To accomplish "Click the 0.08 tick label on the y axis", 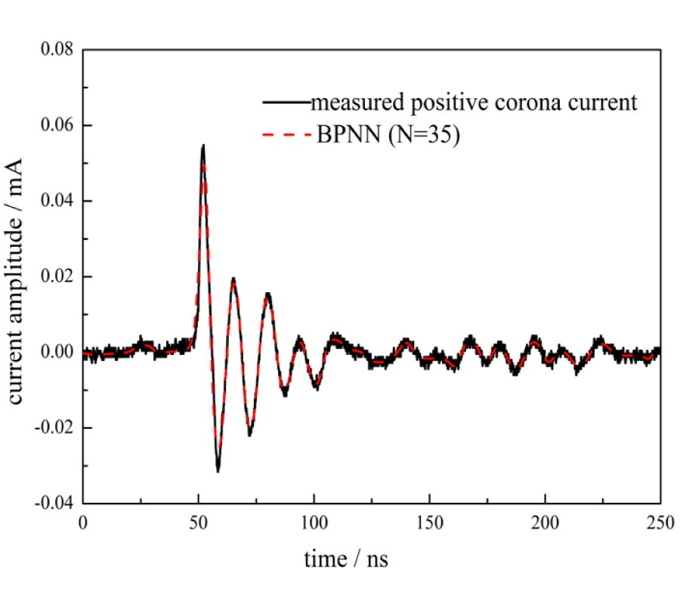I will click(x=57, y=50).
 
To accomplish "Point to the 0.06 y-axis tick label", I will click(x=57, y=125).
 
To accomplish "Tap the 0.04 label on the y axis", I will click(x=57, y=201).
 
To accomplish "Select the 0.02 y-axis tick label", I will click(x=57, y=276).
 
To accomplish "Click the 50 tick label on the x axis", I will click(x=199, y=522).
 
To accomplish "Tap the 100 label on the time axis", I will click(x=314, y=522).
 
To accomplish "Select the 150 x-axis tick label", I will click(x=429, y=522).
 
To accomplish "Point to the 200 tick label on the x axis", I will click(x=545, y=522).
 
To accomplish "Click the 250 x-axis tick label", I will click(x=659, y=522).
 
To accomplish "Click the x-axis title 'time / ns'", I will click(x=347, y=559).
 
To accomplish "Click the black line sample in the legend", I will click(x=286, y=100).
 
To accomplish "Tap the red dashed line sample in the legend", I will click(x=286, y=137).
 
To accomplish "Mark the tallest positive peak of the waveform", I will click(x=203, y=146).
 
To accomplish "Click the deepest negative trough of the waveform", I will click(x=218, y=471).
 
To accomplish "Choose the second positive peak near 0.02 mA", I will click(x=234, y=279).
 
